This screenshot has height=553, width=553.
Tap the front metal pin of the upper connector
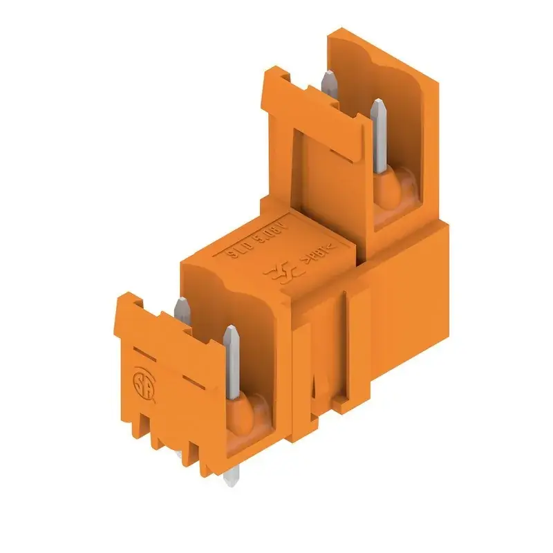[379, 135]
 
